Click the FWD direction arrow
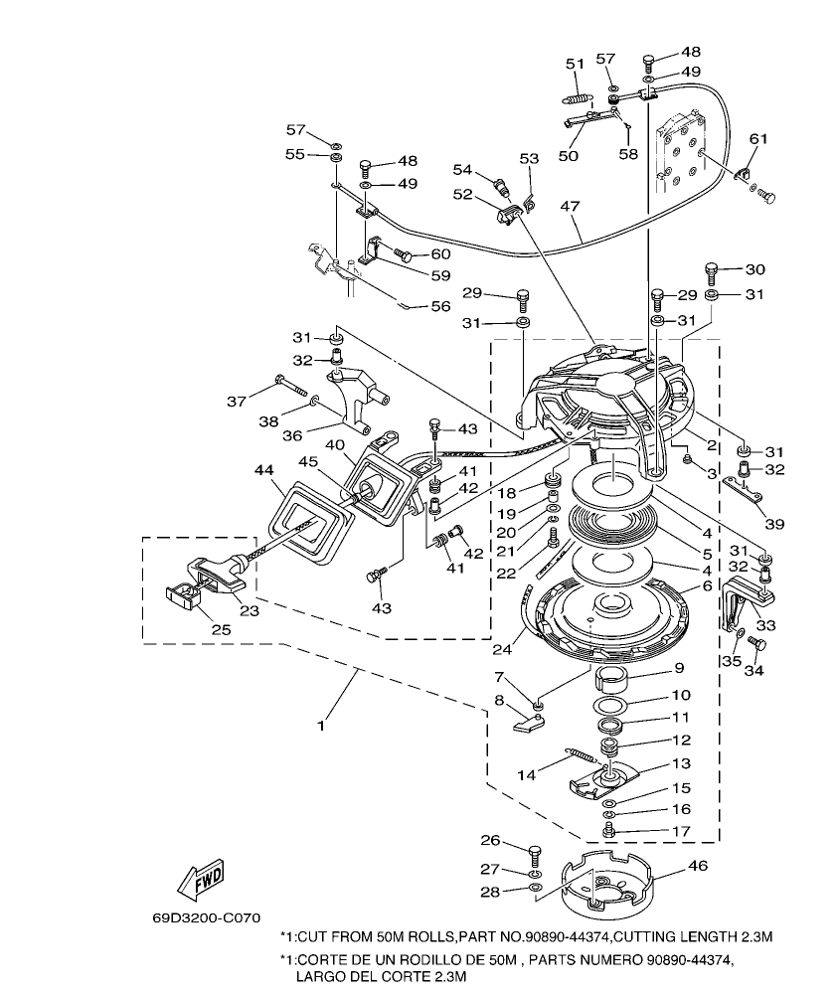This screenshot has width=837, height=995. [x=201, y=878]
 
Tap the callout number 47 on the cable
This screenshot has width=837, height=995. [x=570, y=206]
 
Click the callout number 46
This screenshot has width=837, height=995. [x=698, y=866]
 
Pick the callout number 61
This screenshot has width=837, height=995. [x=758, y=139]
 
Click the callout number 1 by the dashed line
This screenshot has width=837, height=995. [x=320, y=727]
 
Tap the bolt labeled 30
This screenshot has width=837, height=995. [x=712, y=271]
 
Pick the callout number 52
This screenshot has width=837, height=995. [x=462, y=195]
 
